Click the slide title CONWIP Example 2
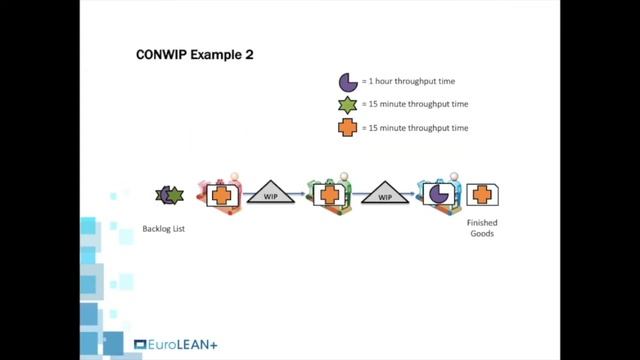tap(194, 55)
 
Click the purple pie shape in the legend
tap(347, 82)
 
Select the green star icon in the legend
tap(347, 105)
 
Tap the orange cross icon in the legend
tap(347, 127)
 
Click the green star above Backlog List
tap(174, 195)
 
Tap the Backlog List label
tap(164, 229)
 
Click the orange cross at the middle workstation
tap(327, 194)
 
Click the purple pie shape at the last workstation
tap(437, 194)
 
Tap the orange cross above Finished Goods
tap(481, 194)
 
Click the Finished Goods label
tap(482, 229)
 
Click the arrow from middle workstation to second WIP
tap(353, 195)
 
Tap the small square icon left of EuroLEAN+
tap(139, 345)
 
